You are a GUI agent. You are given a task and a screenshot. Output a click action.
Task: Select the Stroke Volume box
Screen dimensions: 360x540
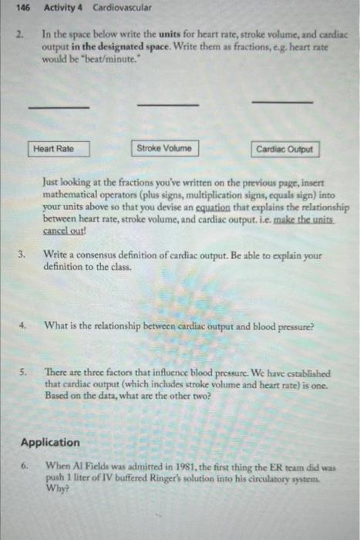pyautogui.click(x=163, y=148)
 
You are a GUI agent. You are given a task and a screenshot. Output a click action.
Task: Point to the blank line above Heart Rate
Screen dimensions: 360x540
pyautogui.click(x=59, y=107)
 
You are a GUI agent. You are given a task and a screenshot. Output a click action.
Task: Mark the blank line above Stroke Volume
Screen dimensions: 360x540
pyautogui.click(x=167, y=104)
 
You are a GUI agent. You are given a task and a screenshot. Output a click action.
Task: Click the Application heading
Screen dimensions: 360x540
pyautogui.click(x=50, y=442)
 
